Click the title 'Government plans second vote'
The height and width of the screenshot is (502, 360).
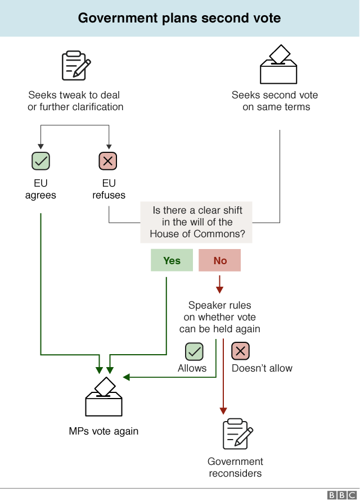click(179, 18)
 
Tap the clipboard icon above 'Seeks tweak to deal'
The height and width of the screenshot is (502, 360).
click(75, 66)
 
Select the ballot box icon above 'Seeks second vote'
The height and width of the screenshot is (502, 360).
click(278, 65)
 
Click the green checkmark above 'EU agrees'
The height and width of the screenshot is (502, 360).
click(40, 161)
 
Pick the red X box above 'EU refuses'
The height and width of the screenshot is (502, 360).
click(109, 161)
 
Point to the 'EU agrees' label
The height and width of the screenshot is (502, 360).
click(40, 189)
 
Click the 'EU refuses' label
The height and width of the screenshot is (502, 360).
click(109, 189)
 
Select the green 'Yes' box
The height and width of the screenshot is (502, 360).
click(172, 261)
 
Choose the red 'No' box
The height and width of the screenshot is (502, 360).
click(219, 261)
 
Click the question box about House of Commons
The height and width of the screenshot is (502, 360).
click(197, 222)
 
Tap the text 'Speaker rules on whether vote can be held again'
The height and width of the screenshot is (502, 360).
click(219, 317)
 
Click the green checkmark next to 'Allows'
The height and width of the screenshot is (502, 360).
click(194, 352)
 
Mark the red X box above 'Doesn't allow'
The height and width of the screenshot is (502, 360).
click(241, 352)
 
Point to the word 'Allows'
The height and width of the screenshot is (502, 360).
click(192, 368)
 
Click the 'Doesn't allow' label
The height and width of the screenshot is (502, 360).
click(262, 368)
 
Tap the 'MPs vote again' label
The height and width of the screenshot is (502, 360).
click(103, 432)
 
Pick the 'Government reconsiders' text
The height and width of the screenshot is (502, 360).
click(235, 467)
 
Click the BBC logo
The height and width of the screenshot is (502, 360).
click(340, 495)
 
